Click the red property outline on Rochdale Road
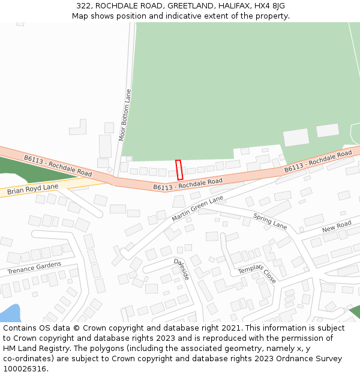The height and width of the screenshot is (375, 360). pyautogui.click(x=179, y=170)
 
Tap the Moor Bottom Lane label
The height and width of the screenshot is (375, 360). pyautogui.click(x=125, y=115)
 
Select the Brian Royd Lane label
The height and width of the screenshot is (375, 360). pyautogui.click(x=33, y=190)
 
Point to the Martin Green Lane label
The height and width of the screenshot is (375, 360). pyautogui.click(x=197, y=208)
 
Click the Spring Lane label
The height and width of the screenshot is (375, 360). pyautogui.click(x=270, y=221)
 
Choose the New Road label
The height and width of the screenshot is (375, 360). pyautogui.click(x=337, y=227)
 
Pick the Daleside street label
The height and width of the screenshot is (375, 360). pyautogui.click(x=182, y=269)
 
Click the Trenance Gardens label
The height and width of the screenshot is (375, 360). pyautogui.click(x=34, y=268)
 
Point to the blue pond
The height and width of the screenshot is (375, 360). pyautogui.click(x=10, y=314)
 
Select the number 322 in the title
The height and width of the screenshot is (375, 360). pyautogui.click(x=83, y=6)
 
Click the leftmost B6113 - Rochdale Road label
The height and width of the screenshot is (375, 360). pyautogui.click(x=58, y=166)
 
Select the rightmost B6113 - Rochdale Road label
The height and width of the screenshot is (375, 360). pyautogui.click(x=318, y=162)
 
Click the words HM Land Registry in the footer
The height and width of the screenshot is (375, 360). pyautogui.click(x=34, y=348)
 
